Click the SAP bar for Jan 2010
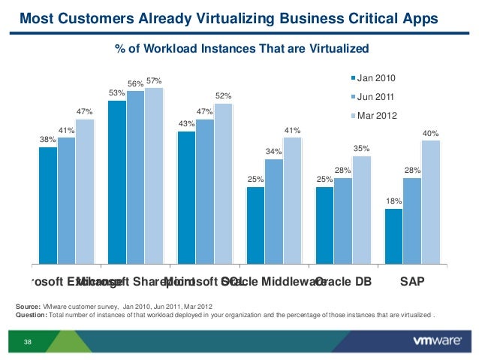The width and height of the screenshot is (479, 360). click(x=394, y=236)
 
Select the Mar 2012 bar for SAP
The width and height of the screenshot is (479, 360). click(x=430, y=201)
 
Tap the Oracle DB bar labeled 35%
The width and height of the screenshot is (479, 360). click(x=361, y=210)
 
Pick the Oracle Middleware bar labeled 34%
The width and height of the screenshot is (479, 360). click(x=274, y=211)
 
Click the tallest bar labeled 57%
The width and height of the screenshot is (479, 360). click(x=154, y=176)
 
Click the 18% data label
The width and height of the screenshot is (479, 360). click(x=394, y=201)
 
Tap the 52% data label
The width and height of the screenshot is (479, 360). click(x=223, y=96)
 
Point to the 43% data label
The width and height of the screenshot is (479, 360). click(x=186, y=124)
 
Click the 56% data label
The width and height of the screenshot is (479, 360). click(x=135, y=83)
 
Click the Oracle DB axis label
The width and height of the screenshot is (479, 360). click(x=344, y=283)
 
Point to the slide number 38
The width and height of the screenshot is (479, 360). click(x=28, y=343)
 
